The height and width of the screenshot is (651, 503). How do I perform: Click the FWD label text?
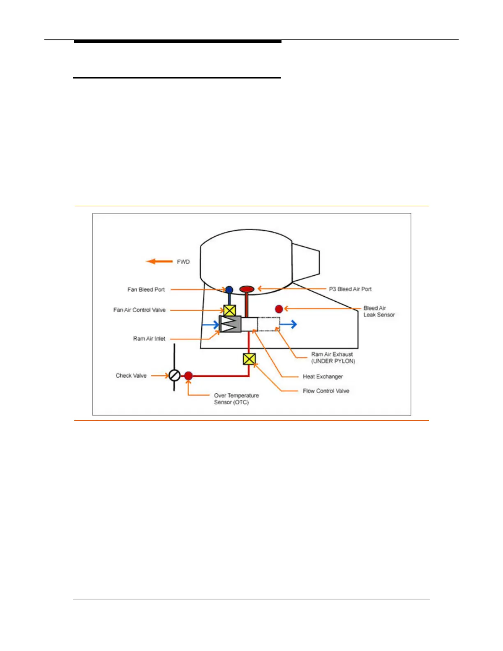click(183, 262)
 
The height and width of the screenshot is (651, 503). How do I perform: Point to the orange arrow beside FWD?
click(159, 261)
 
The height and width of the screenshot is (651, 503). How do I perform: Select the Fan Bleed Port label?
click(146, 289)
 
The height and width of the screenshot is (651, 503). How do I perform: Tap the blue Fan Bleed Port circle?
click(229, 290)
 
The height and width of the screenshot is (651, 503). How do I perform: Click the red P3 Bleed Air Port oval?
click(247, 289)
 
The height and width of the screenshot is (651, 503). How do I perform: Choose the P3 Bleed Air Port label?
click(350, 289)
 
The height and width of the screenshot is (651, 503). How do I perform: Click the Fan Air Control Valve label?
click(139, 310)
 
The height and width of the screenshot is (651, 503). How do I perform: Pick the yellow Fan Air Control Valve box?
click(229, 310)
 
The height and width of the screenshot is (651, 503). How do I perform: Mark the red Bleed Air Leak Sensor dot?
click(279, 309)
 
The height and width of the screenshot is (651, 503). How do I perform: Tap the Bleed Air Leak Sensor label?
click(379, 311)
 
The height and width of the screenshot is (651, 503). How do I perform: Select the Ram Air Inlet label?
click(149, 339)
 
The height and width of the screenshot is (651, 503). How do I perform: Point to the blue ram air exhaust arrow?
click(288, 324)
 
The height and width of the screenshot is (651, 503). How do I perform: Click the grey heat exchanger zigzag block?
click(231, 324)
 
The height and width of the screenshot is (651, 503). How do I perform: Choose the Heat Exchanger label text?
click(323, 376)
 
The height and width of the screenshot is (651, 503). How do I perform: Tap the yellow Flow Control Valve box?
click(249, 359)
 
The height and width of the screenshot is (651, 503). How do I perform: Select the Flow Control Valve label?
click(326, 391)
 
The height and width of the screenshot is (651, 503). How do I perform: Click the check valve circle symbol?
click(175, 375)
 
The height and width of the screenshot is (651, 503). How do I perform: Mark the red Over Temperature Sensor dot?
click(188, 376)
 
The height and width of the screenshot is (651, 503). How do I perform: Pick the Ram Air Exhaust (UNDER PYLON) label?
click(333, 358)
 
